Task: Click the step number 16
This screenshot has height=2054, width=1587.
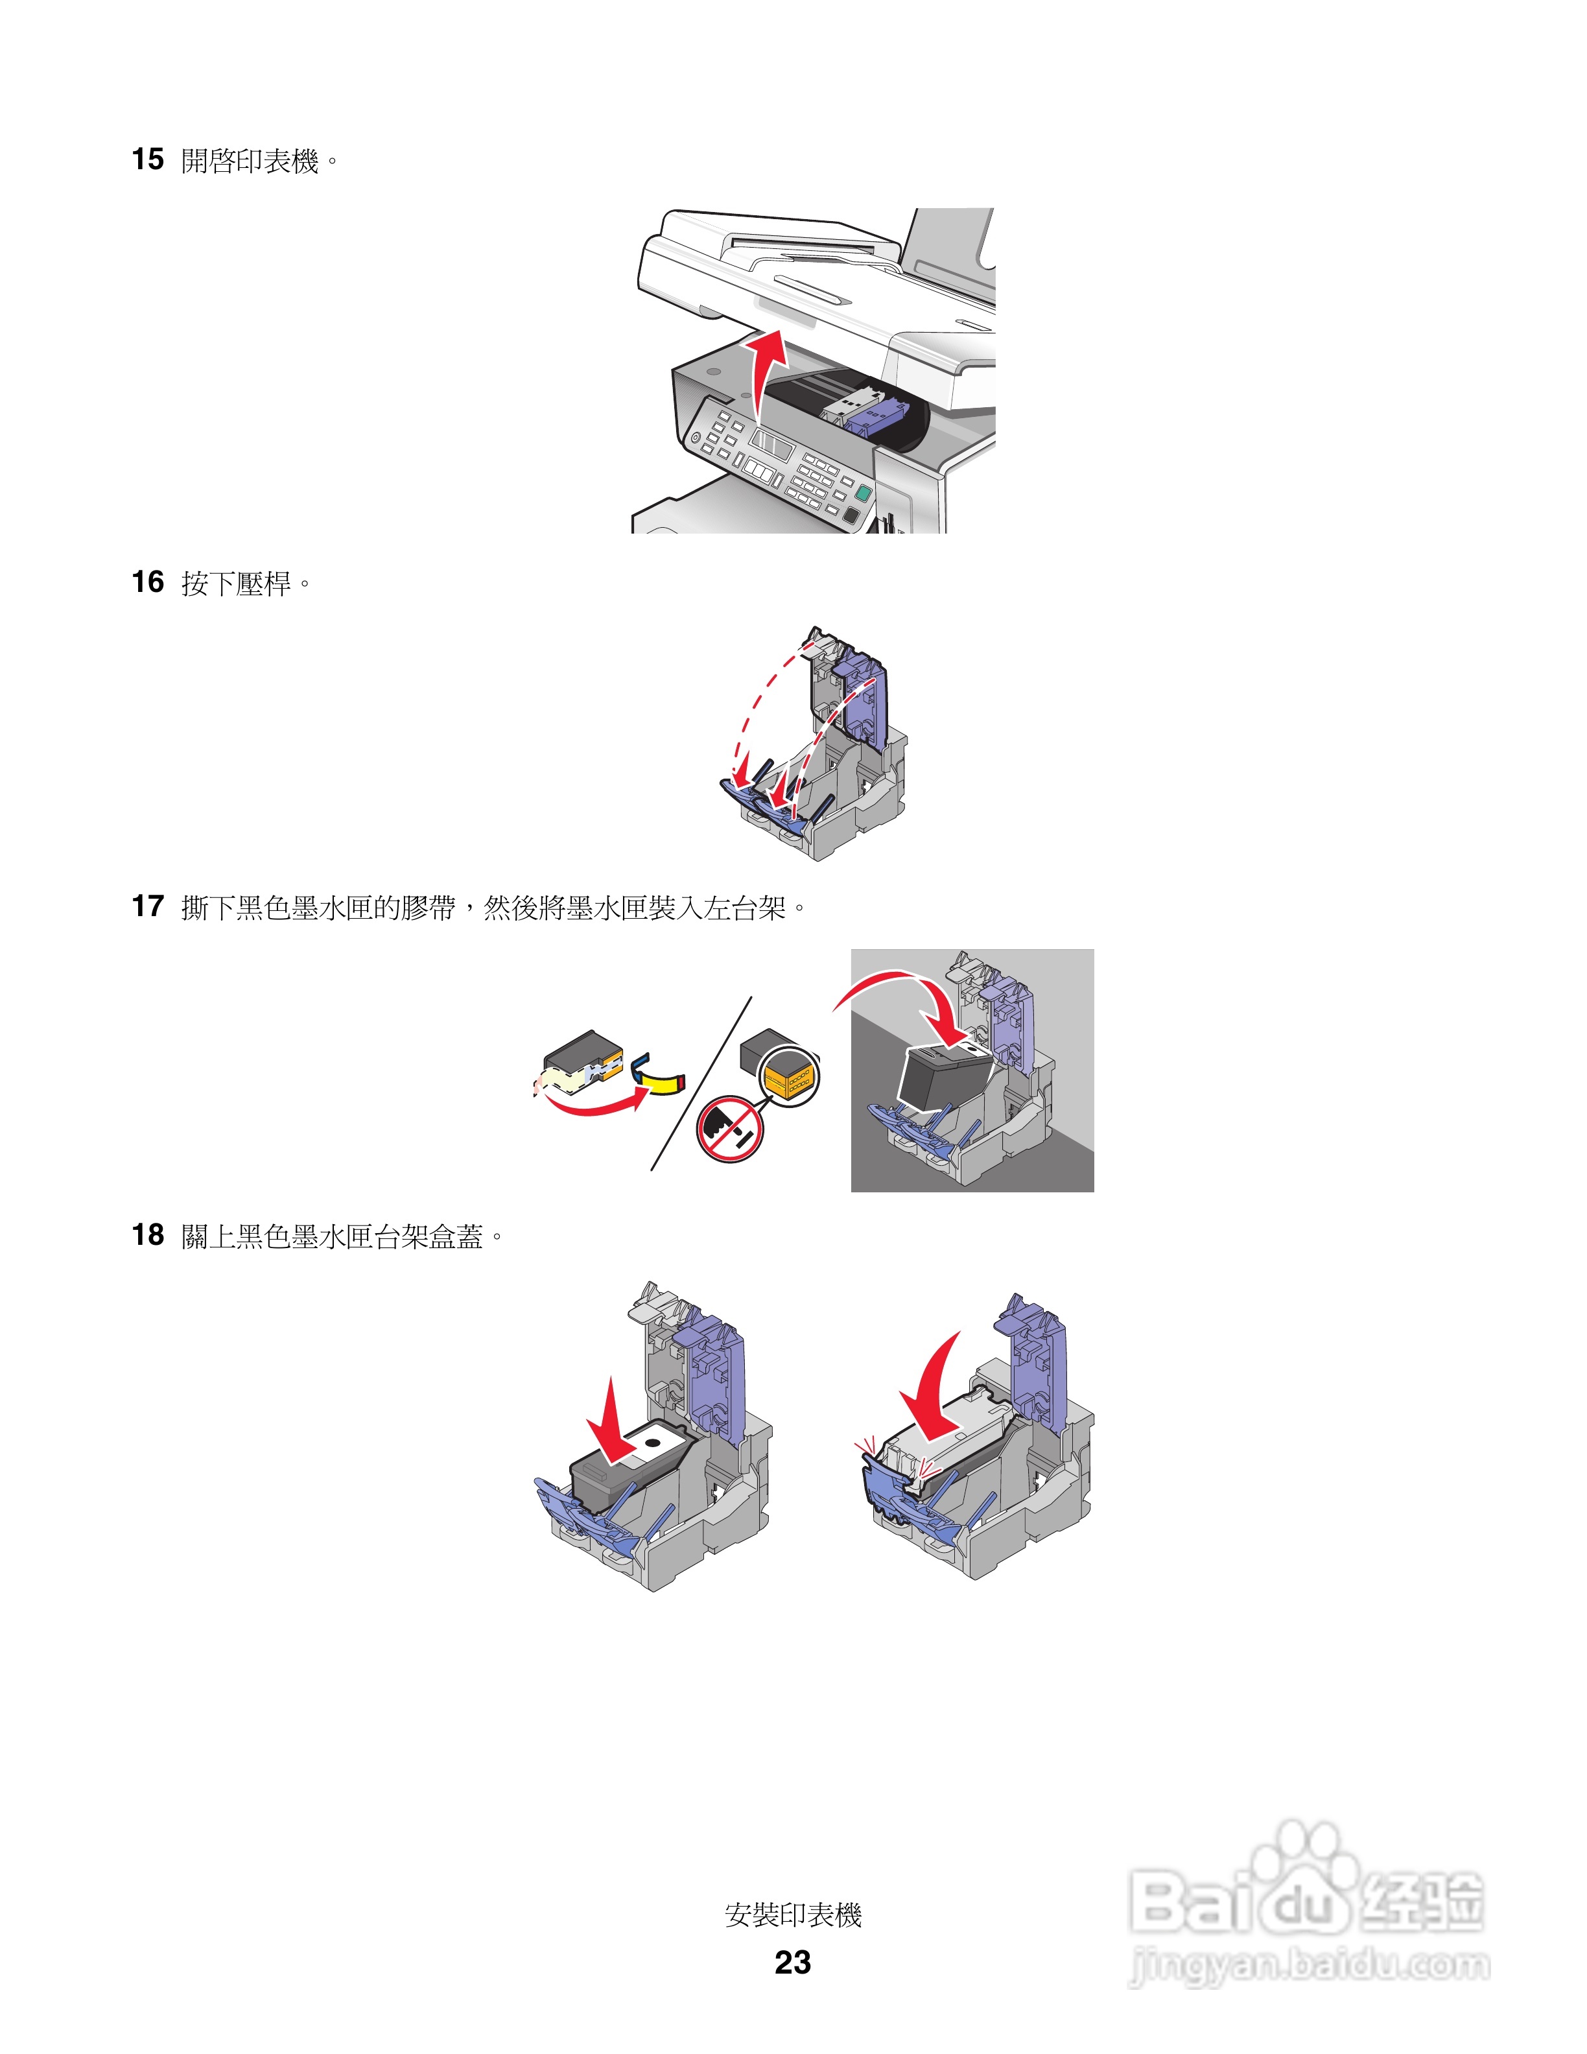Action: tap(148, 582)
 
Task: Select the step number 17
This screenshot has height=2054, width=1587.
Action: tap(148, 906)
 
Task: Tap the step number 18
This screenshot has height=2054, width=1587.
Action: tap(148, 1235)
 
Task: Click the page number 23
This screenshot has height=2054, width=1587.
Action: tap(793, 1962)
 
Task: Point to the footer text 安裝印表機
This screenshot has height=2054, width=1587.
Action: tap(793, 1915)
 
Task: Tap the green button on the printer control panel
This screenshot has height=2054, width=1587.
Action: tap(862, 493)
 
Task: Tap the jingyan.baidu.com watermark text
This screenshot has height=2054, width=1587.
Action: tap(1309, 1966)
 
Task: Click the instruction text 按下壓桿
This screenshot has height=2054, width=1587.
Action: tap(236, 584)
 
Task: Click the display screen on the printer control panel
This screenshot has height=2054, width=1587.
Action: tap(769, 443)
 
